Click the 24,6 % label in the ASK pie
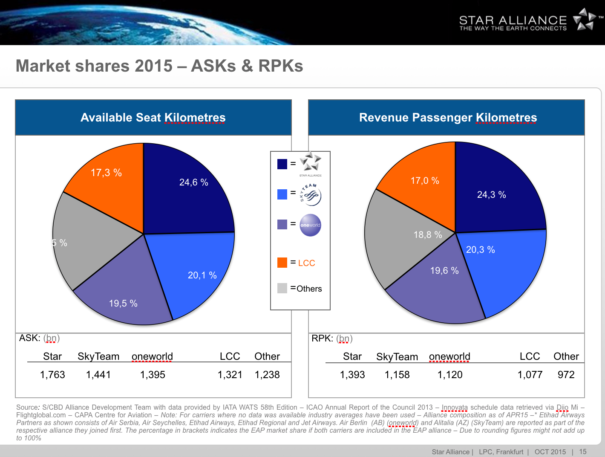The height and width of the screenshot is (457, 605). click(x=194, y=182)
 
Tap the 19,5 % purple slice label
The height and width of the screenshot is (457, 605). click(x=123, y=304)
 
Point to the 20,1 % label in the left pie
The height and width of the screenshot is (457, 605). click(x=202, y=275)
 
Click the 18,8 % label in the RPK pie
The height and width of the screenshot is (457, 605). click(x=428, y=235)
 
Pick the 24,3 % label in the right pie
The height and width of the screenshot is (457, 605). click(x=492, y=195)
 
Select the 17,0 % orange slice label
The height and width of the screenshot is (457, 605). click(x=425, y=181)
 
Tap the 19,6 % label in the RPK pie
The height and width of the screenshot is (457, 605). click(x=444, y=271)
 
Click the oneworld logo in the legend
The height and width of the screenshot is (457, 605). click(x=310, y=225)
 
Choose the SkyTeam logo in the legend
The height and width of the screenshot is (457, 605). click(x=310, y=195)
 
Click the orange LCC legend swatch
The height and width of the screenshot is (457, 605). click(x=282, y=263)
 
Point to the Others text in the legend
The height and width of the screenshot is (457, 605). click(x=309, y=289)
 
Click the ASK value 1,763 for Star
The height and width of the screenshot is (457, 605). click(x=52, y=375)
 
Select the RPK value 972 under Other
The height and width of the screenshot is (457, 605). click(x=566, y=375)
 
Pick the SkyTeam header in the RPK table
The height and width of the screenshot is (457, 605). click(x=397, y=357)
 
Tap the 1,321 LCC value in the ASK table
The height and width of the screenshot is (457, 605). click(x=230, y=375)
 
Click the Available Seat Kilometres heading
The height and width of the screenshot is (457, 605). click(x=153, y=118)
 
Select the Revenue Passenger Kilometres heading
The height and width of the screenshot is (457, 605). click(x=448, y=118)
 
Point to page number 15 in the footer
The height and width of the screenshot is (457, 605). click(x=583, y=451)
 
